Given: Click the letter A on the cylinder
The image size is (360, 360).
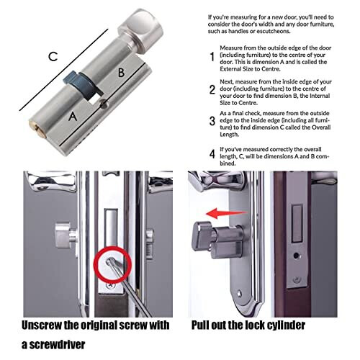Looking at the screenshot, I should pos(72,115).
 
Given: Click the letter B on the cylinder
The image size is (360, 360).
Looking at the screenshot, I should pos(121,71).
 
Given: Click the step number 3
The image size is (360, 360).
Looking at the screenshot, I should pos(212,122).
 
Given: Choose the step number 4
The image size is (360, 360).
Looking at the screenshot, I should pos(212,153).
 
